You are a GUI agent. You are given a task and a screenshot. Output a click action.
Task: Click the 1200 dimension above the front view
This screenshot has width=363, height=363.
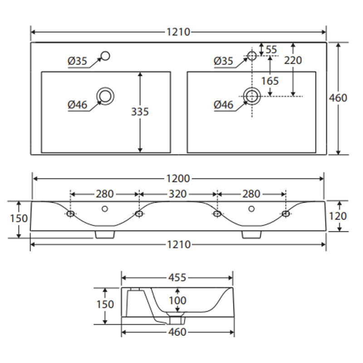(177, 179)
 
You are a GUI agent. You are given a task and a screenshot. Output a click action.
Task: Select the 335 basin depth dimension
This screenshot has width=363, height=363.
(140, 112)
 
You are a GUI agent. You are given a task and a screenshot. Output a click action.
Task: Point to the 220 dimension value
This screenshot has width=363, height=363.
(293, 60)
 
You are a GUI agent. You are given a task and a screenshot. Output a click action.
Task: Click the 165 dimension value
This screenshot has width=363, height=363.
(270, 81)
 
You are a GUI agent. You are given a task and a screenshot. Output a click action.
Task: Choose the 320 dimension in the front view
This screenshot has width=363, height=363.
(177, 194)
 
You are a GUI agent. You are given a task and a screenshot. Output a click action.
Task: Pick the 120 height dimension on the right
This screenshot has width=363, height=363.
(338, 216)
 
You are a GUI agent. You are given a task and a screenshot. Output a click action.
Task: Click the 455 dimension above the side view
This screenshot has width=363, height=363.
(177, 277)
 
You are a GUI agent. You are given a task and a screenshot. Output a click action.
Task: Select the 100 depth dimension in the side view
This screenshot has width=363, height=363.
(177, 300)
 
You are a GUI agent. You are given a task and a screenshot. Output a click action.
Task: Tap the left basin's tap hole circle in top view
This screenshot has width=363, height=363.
(105, 56)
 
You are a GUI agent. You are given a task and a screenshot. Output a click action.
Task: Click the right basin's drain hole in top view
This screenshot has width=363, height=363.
(251, 96)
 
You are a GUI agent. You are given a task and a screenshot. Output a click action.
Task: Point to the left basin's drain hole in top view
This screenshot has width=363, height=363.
(105, 96)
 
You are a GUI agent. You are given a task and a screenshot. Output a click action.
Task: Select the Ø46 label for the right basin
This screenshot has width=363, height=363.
(223, 105)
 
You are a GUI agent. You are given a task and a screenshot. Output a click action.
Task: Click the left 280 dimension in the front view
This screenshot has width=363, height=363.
(104, 194)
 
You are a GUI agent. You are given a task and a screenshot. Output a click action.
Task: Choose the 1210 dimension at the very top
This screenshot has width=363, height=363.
(178, 32)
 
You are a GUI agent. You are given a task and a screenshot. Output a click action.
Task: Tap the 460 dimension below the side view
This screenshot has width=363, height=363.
(177, 332)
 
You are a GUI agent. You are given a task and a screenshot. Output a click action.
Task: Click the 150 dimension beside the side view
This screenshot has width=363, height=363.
(105, 304)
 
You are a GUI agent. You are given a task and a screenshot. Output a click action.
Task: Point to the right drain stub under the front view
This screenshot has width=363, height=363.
(251, 234)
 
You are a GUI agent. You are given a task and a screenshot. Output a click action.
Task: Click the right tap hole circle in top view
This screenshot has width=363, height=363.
(251, 56)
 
